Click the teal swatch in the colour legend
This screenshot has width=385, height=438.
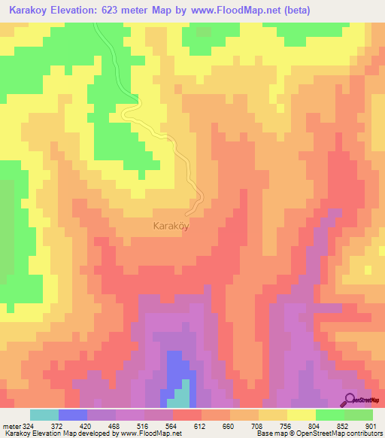tap(44, 415)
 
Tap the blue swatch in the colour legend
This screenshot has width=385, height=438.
tap(73, 415)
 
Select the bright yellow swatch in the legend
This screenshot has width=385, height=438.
tap(302, 415)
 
